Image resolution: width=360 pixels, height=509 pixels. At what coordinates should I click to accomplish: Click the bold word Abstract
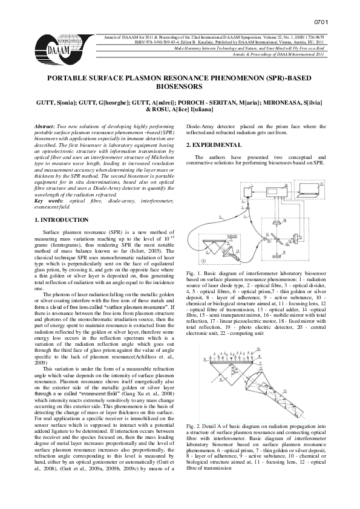click(x=45, y=125)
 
